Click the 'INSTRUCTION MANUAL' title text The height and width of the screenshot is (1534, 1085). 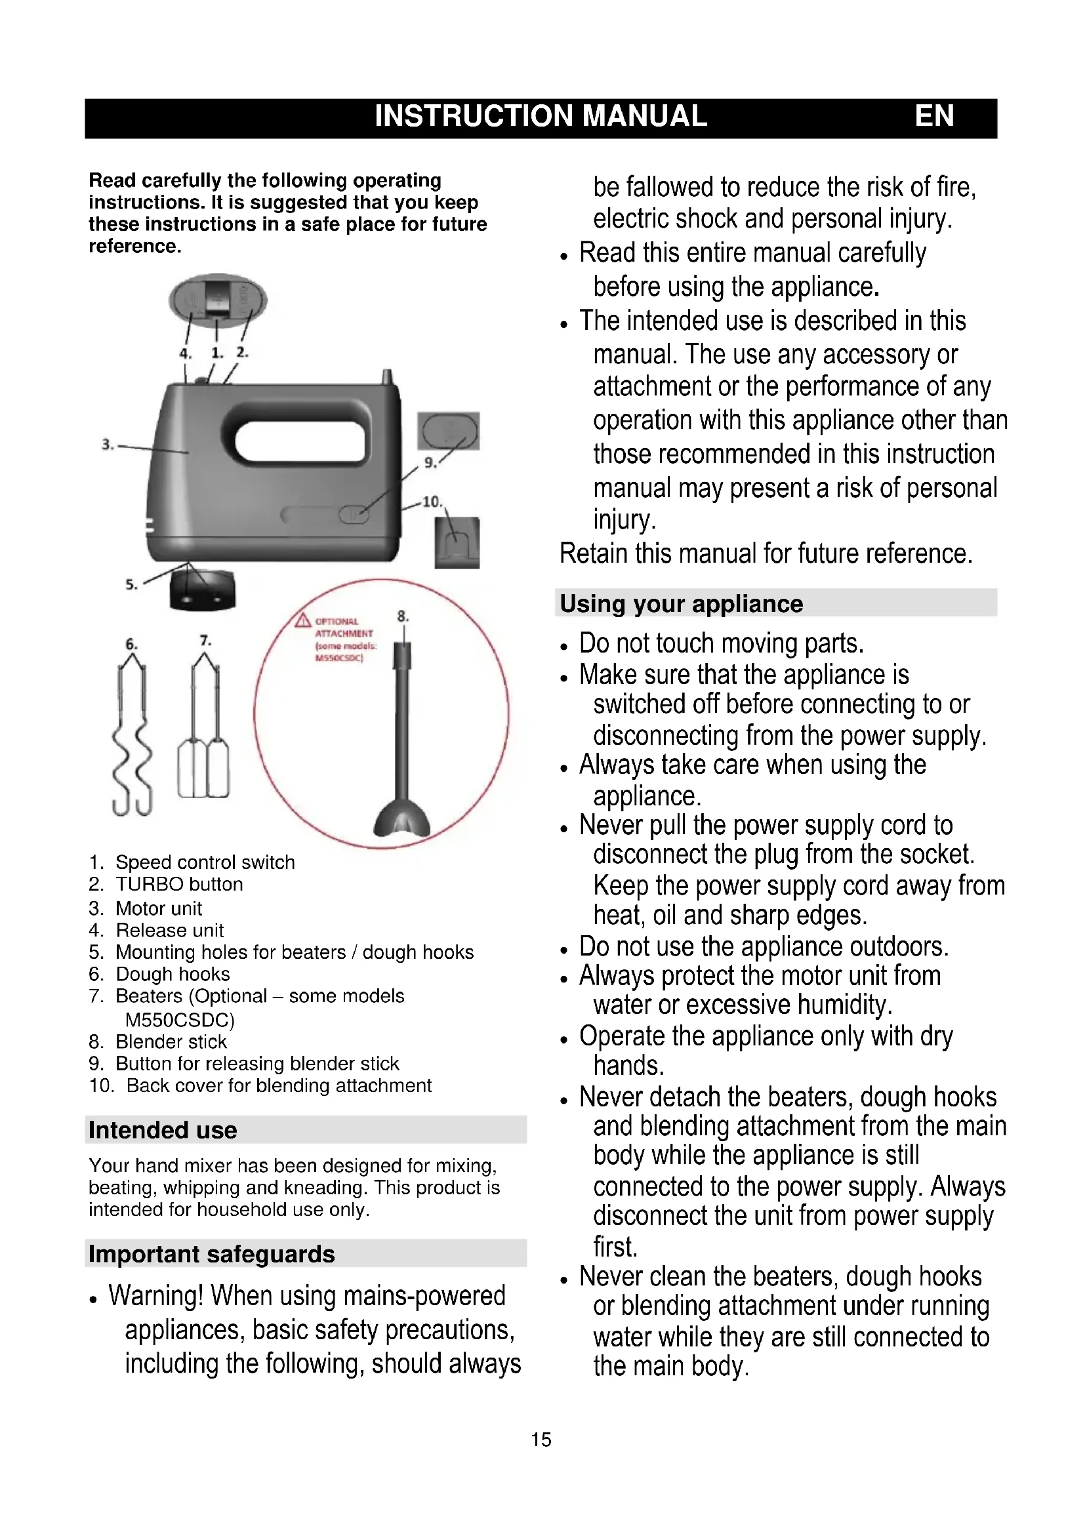[540, 116]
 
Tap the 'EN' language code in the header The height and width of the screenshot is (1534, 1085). [933, 116]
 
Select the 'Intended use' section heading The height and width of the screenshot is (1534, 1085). [162, 1130]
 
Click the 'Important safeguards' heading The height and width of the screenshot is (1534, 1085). [211, 1254]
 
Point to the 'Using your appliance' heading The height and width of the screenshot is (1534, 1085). [681, 604]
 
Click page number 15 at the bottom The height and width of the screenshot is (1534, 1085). [541, 1439]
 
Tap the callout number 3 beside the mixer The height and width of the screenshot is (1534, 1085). [106, 444]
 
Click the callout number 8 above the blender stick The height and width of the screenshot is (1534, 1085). [402, 616]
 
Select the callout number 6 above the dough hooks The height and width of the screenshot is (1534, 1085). [132, 644]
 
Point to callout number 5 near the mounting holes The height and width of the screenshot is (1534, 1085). [131, 584]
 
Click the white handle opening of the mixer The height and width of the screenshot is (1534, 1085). [300, 440]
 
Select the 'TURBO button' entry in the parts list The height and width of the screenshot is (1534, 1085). [179, 885]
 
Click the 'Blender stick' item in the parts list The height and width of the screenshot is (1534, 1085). [171, 1041]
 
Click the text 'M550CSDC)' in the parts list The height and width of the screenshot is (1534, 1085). [180, 1020]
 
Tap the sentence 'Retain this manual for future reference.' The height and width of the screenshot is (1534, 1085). [766, 554]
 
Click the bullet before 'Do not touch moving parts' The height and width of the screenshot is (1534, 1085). [565, 647]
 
